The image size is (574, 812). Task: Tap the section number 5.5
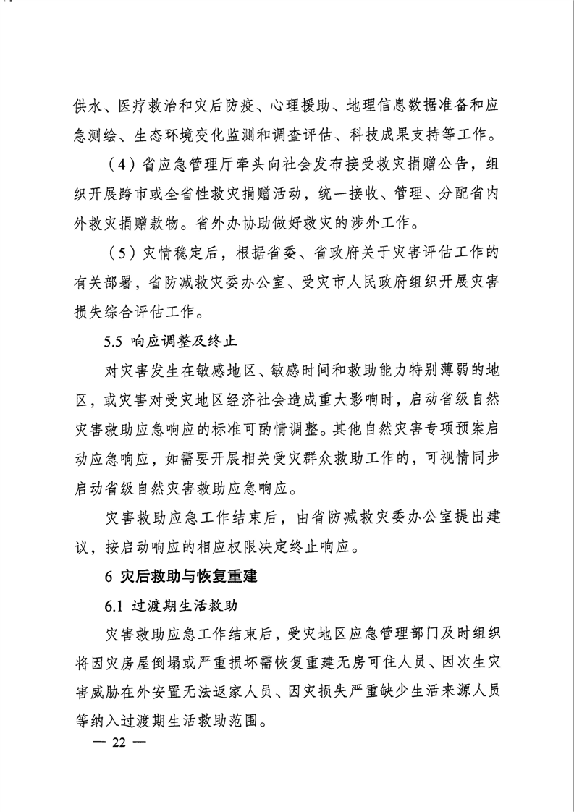115,339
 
